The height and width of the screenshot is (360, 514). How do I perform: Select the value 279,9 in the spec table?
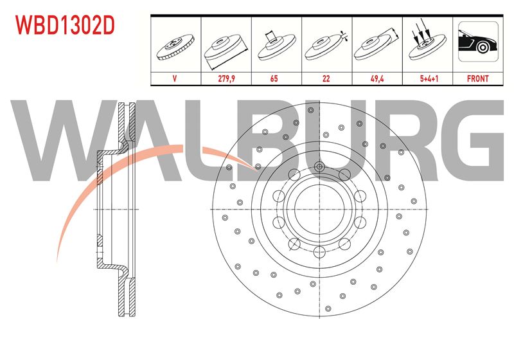click(227, 78)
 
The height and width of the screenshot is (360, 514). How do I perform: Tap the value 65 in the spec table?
click(274, 78)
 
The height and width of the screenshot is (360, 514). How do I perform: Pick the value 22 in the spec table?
click(326, 78)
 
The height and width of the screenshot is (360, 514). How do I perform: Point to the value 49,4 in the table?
click(377, 78)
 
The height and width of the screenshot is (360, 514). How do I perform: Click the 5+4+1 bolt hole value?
click(429, 78)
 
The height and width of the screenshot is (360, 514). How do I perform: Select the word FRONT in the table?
click(477, 78)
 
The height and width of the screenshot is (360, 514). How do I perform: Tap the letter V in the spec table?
click(175, 78)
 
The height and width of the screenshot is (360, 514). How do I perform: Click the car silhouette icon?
click(478, 42)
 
